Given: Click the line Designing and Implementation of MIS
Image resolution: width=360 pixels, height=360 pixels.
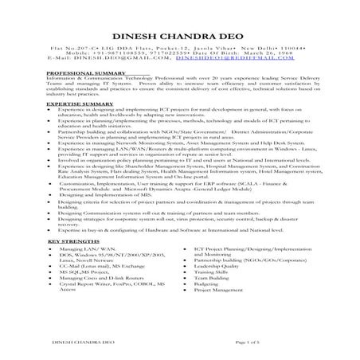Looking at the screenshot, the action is pyautogui.click(x=112, y=194).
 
